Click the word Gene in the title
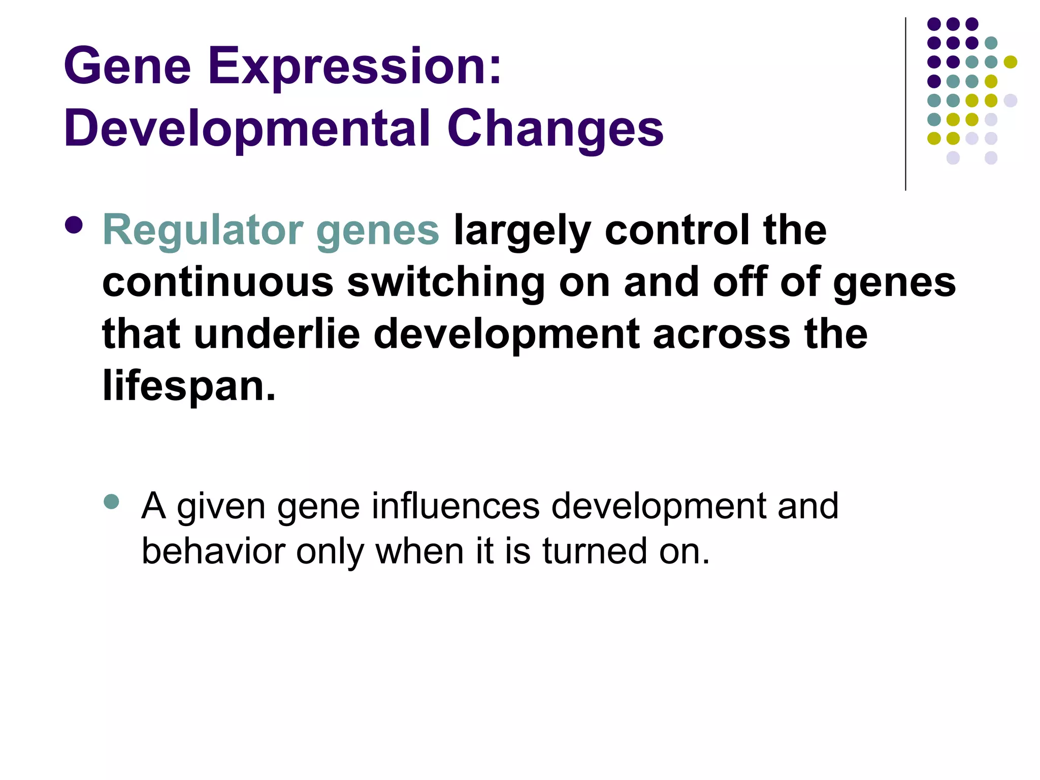127,66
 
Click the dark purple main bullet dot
74,225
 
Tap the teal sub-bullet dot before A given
111,502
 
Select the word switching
446,283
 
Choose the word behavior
213,551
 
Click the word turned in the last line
595,551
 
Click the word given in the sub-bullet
221,507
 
